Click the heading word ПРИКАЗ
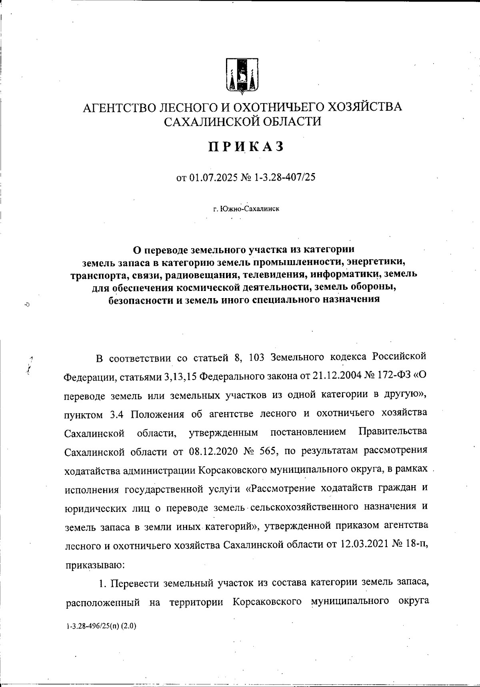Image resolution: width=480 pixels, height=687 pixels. pyautogui.click(x=246, y=147)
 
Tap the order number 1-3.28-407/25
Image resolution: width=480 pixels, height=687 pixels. pyautogui.click(x=285, y=177)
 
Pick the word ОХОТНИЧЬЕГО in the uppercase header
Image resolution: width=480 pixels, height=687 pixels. pyautogui.click(x=279, y=107)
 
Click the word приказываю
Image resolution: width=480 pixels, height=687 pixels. pyautogui.click(x=95, y=565)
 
